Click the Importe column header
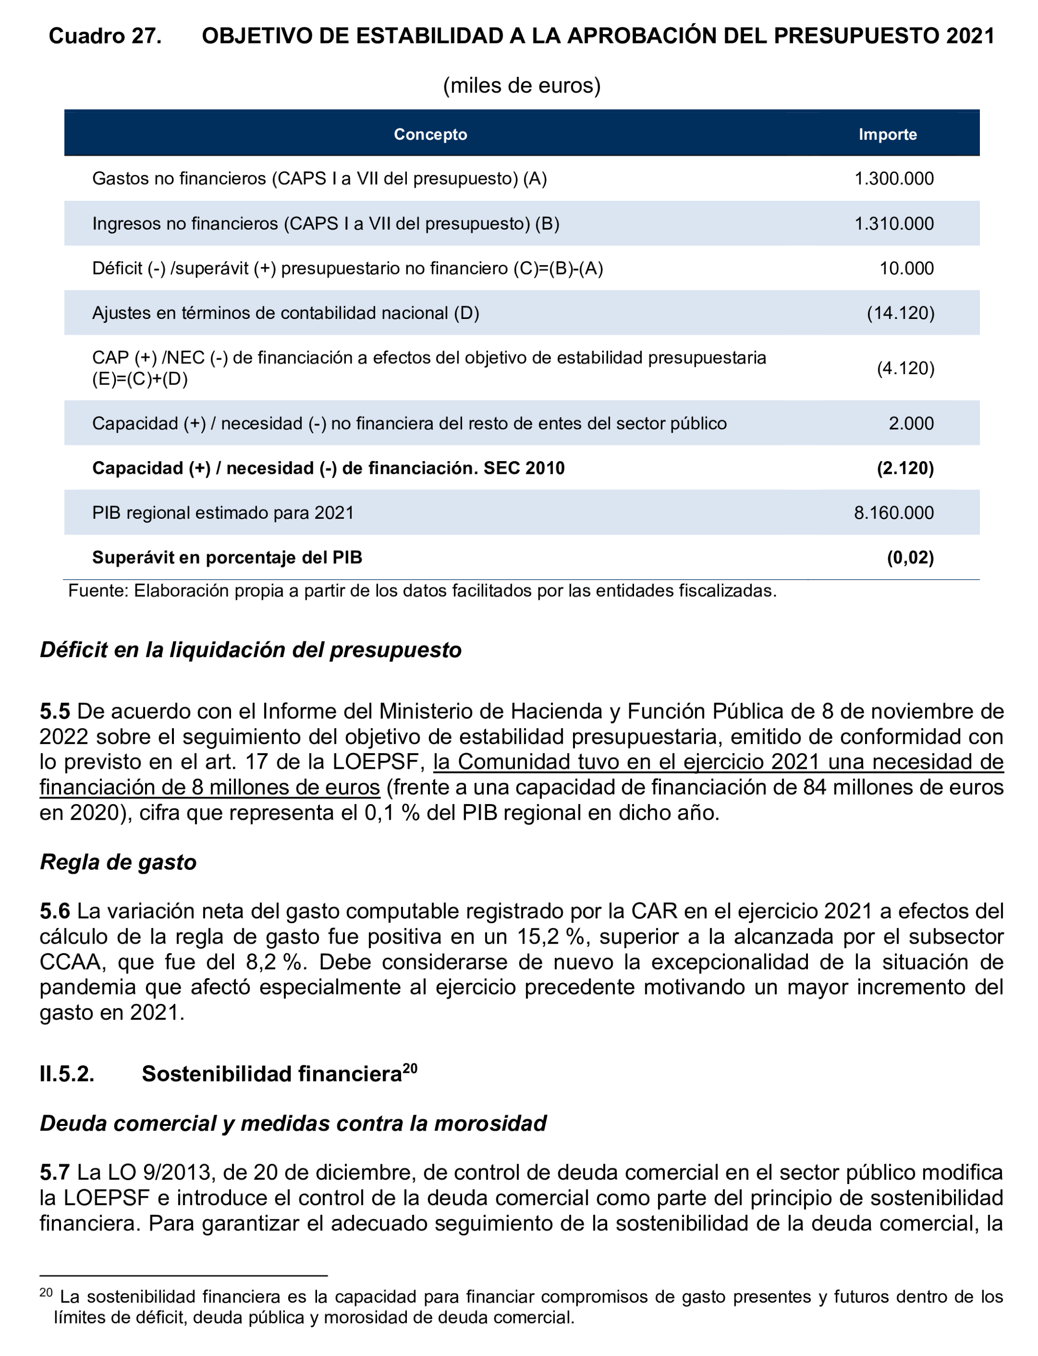(887, 134)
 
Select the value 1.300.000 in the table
(893, 178)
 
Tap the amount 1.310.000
(893, 223)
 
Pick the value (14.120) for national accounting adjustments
(900, 313)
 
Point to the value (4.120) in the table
(905, 368)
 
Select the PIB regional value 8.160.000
(893, 513)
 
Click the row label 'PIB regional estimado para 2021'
(223, 513)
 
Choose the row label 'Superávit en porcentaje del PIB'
(227, 557)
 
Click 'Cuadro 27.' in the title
(105, 36)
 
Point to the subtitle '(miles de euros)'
(522, 85)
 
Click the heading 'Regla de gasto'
(118, 862)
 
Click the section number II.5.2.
(67, 1074)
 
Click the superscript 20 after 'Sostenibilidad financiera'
(410, 1067)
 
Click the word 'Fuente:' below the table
(98, 591)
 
